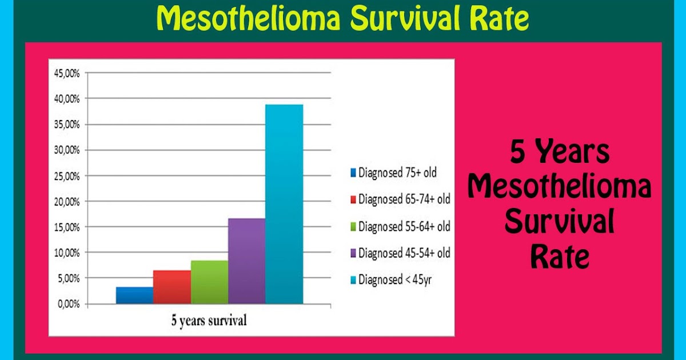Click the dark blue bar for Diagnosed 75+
(134, 295)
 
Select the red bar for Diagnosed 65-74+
(172, 287)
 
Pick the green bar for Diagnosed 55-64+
(209, 282)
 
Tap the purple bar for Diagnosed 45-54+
(246, 261)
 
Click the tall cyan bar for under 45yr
(284, 204)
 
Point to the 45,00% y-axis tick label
(67, 73)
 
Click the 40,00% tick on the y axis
(67, 99)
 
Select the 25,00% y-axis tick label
(67, 176)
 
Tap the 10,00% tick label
(67, 253)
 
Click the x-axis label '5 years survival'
(209, 321)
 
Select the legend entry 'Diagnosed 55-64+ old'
(404, 226)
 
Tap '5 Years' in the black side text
(560, 153)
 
